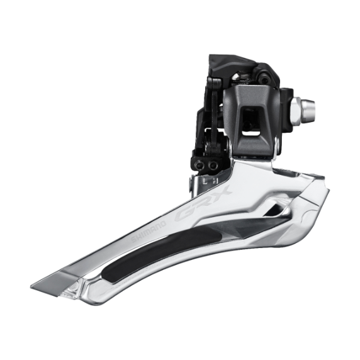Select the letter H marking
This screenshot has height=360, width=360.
pyautogui.click(x=215, y=179)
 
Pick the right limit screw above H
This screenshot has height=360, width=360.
pyautogui.click(x=214, y=164)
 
